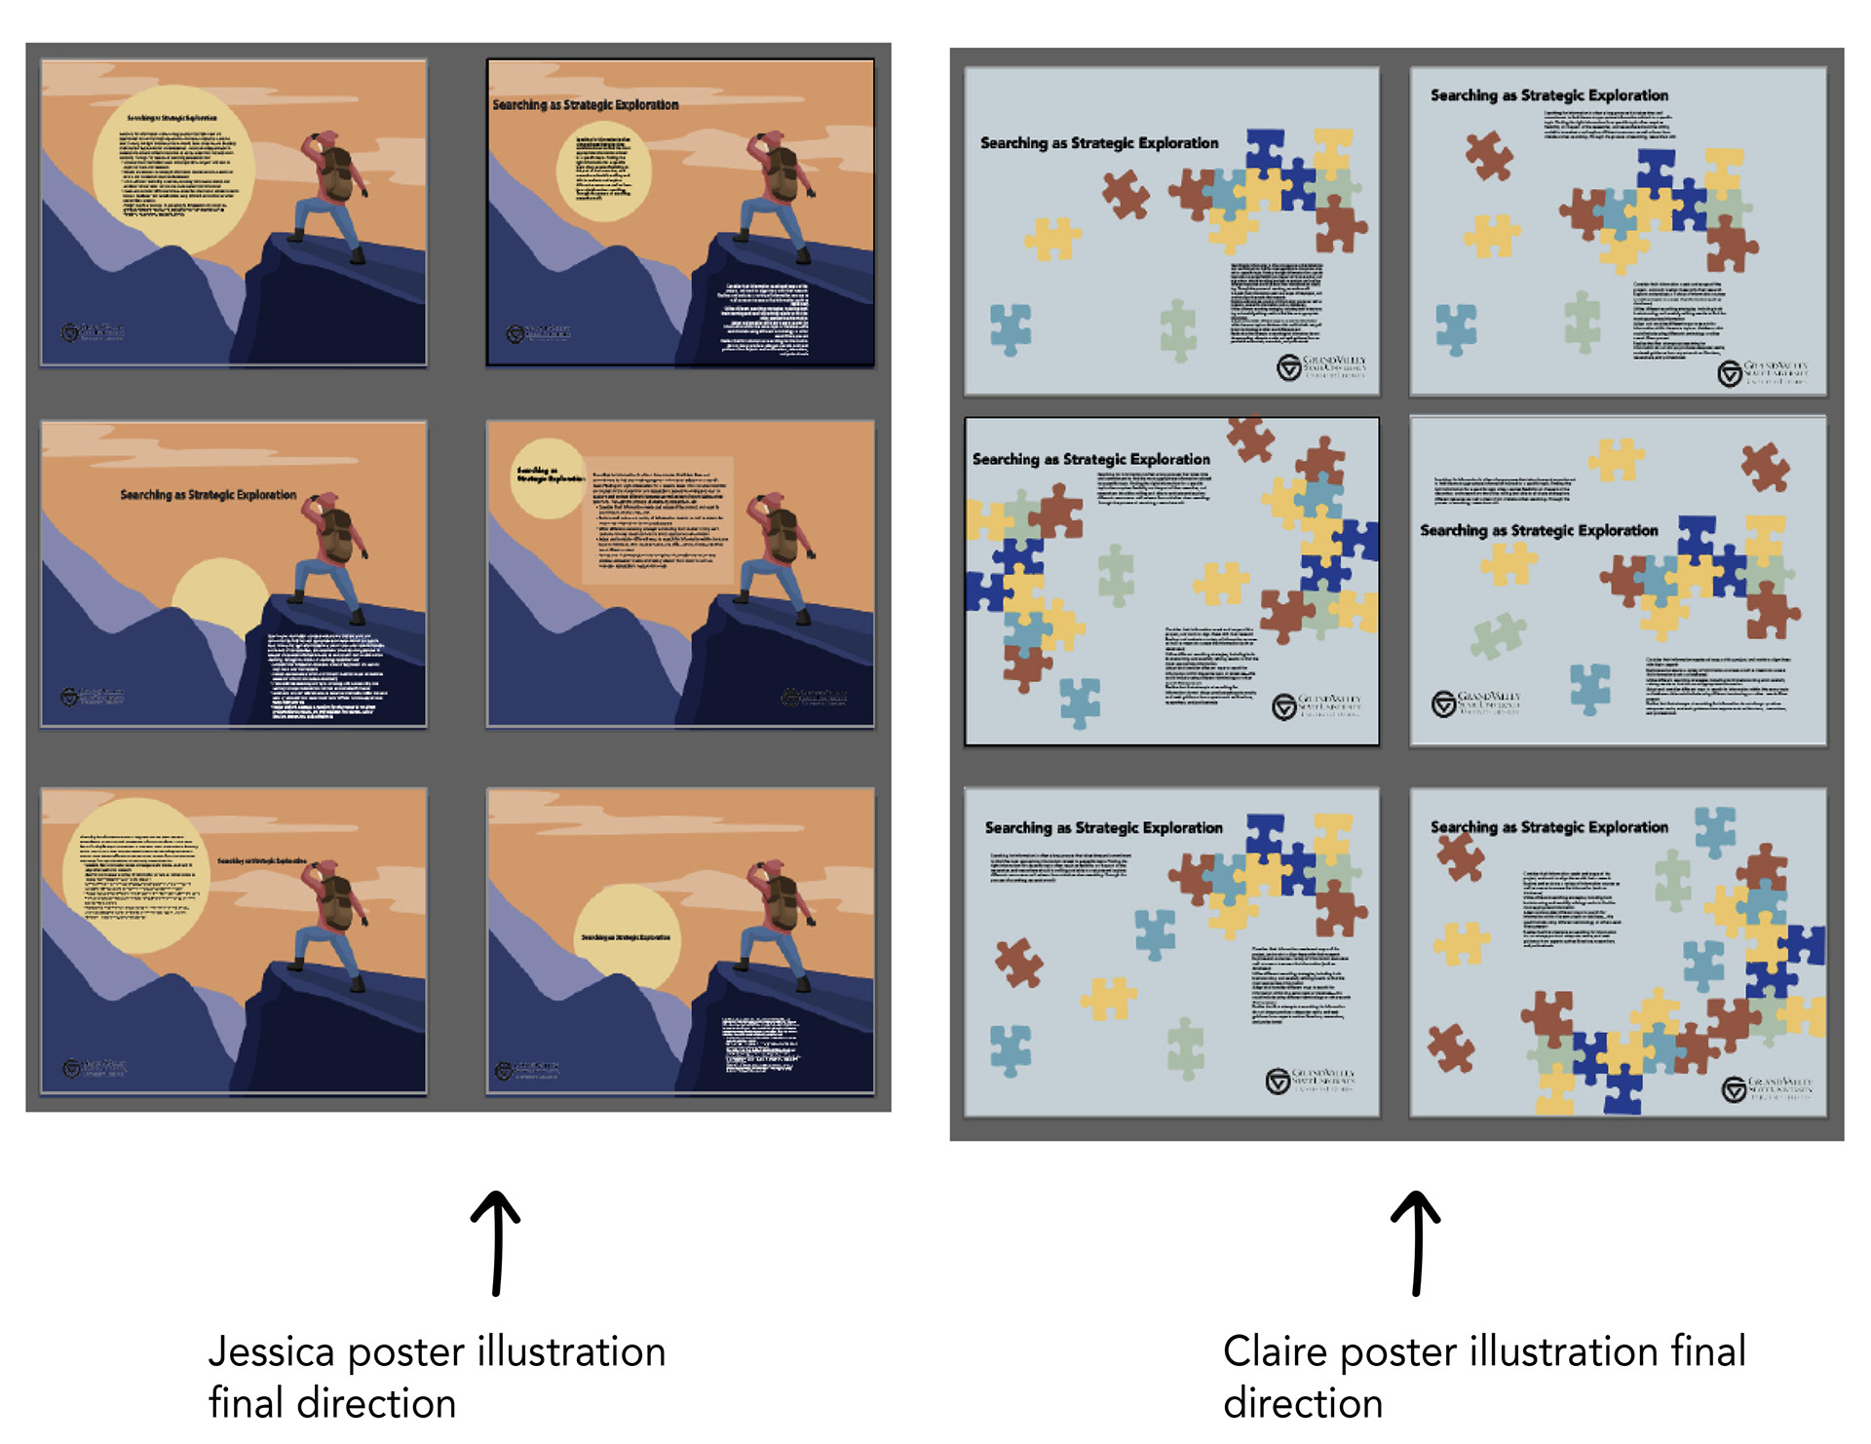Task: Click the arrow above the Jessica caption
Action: coord(497,1242)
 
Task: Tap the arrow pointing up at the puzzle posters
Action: coord(1417,1242)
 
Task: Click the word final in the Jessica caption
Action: coord(248,1403)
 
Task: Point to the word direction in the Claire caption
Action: coord(1303,1403)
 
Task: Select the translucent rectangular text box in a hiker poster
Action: coord(658,521)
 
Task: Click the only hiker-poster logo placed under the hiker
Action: coord(814,697)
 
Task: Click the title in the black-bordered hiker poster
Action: coord(586,104)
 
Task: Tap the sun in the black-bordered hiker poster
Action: coord(604,171)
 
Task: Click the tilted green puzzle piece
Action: coord(1498,636)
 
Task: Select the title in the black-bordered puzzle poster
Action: coord(1090,459)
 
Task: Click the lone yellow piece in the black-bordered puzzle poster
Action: coord(1220,583)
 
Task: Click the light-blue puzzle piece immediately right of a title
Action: coord(1715,829)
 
